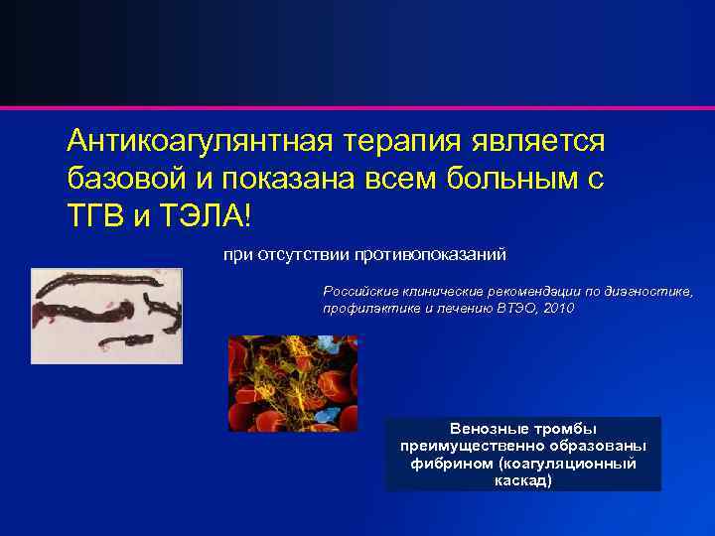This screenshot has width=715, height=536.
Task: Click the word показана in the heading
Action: tap(298, 179)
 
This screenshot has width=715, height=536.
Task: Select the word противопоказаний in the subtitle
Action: tap(433, 255)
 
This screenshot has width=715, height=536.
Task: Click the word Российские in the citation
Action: tap(358, 292)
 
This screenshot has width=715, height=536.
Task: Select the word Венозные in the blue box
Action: tap(485, 430)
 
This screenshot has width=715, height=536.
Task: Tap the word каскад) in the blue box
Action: tap(522, 480)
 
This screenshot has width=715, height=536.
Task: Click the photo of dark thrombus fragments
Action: tap(106, 316)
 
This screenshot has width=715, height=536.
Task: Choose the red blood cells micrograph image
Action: tap(293, 383)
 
